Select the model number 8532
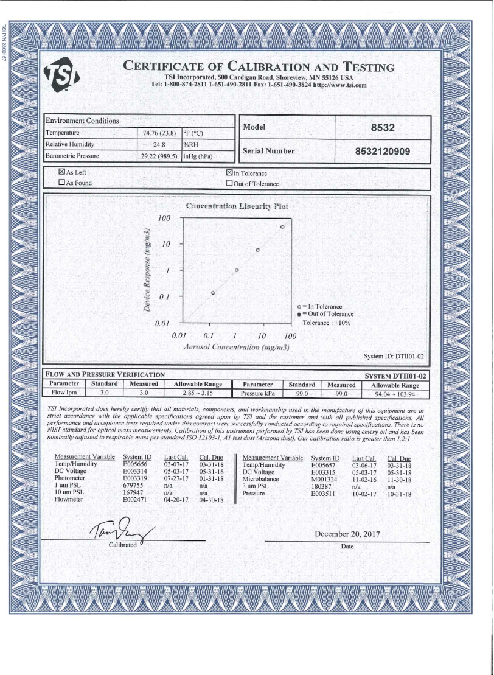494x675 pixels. click(383, 128)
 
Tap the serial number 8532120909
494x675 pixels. click(383, 151)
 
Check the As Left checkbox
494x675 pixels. click(61, 172)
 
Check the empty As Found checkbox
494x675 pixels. click(61, 182)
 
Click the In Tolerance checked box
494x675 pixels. click(229, 172)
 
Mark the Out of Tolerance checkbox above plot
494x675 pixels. click(229, 182)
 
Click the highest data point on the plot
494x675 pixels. click(282, 226)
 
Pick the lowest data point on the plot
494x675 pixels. click(213, 293)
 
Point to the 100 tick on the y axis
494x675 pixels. click(164, 218)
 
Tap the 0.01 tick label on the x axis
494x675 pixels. click(179, 335)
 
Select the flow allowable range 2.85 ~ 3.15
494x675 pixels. click(197, 393)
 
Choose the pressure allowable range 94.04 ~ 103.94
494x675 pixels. click(395, 393)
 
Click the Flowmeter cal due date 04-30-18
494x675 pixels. click(211, 500)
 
